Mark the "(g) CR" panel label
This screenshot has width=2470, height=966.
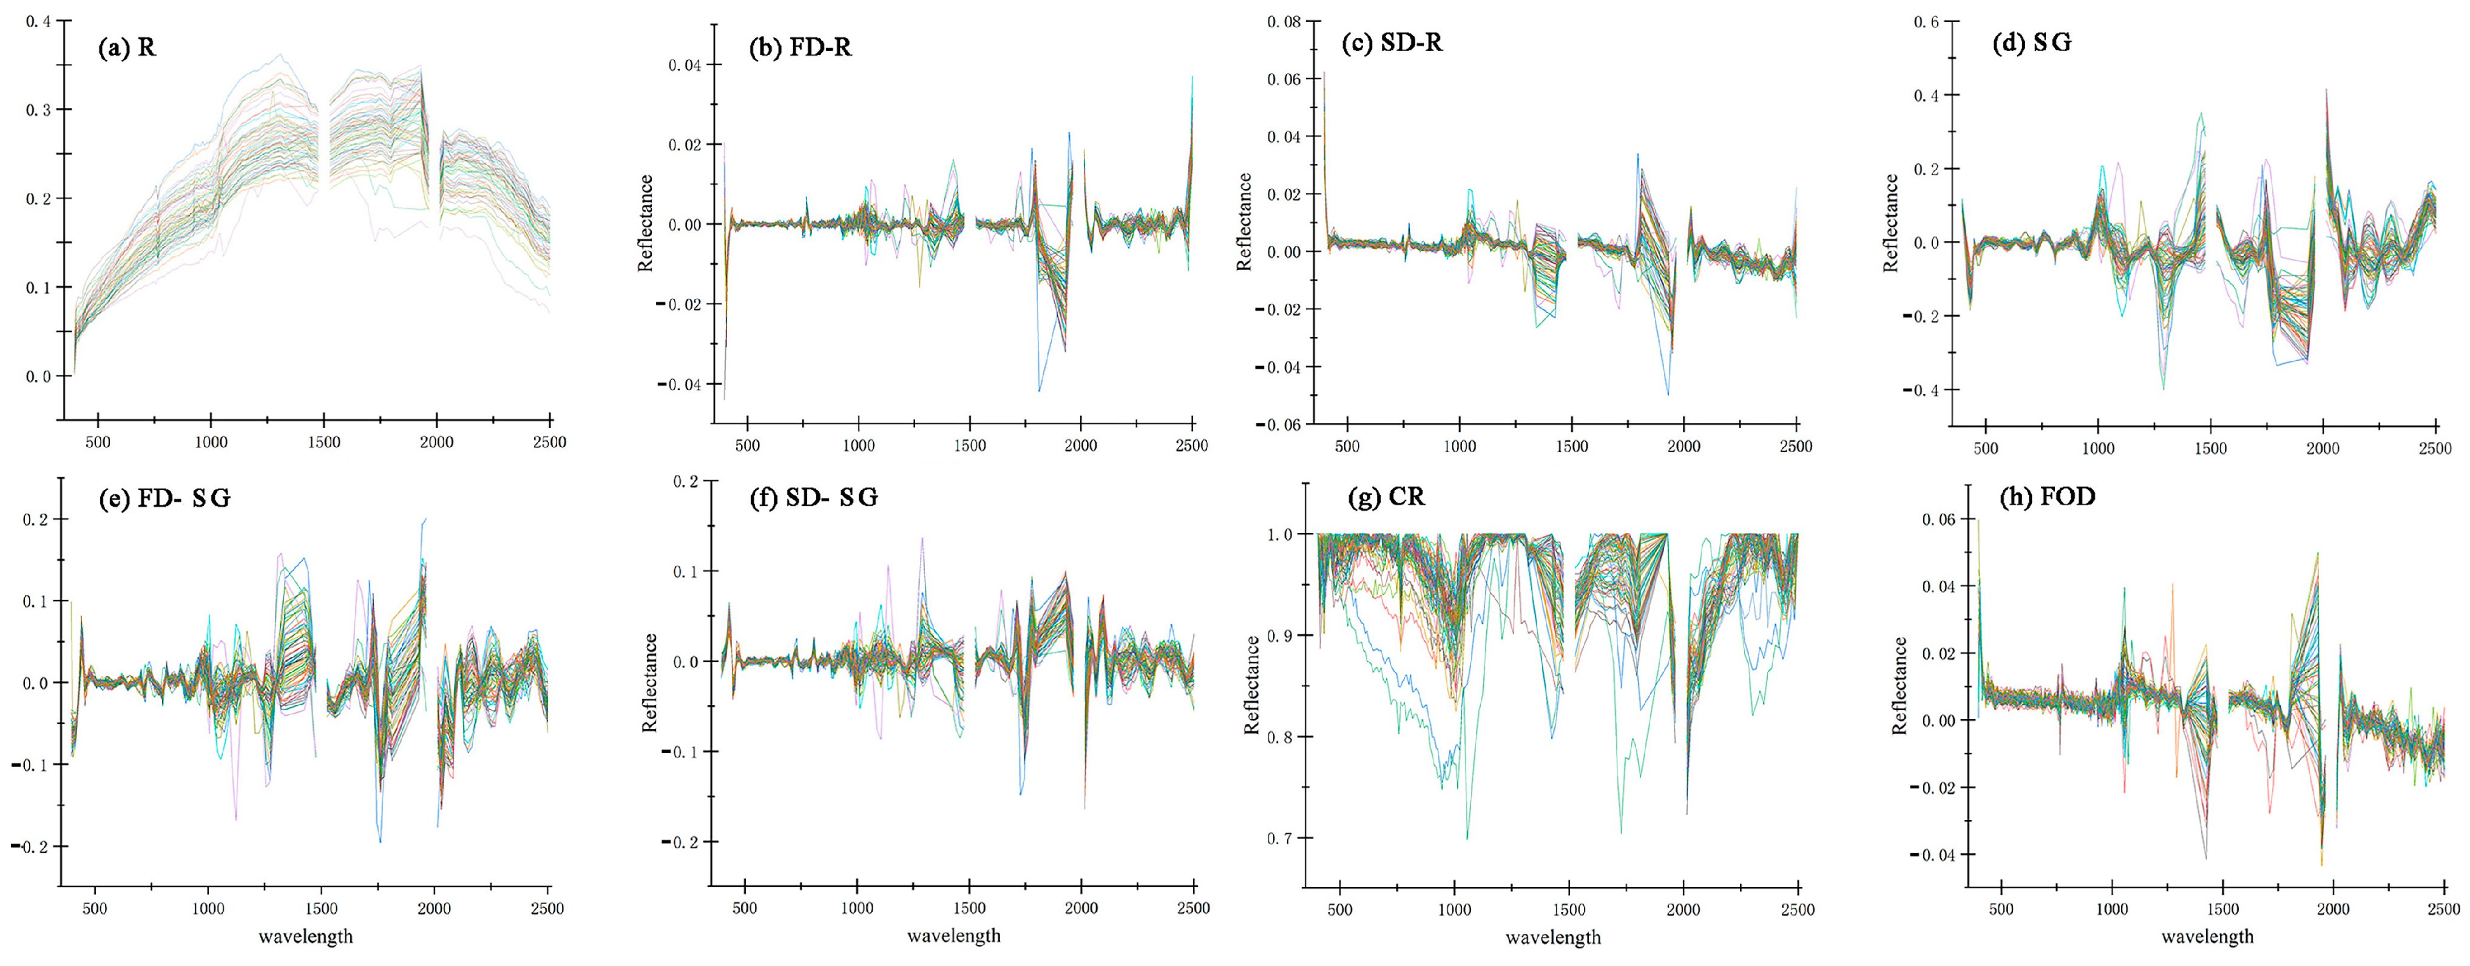(1387, 497)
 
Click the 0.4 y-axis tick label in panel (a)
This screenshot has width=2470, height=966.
(38, 21)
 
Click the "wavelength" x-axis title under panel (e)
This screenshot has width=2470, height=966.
(306, 936)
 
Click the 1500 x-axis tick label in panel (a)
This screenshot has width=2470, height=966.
(324, 442)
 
